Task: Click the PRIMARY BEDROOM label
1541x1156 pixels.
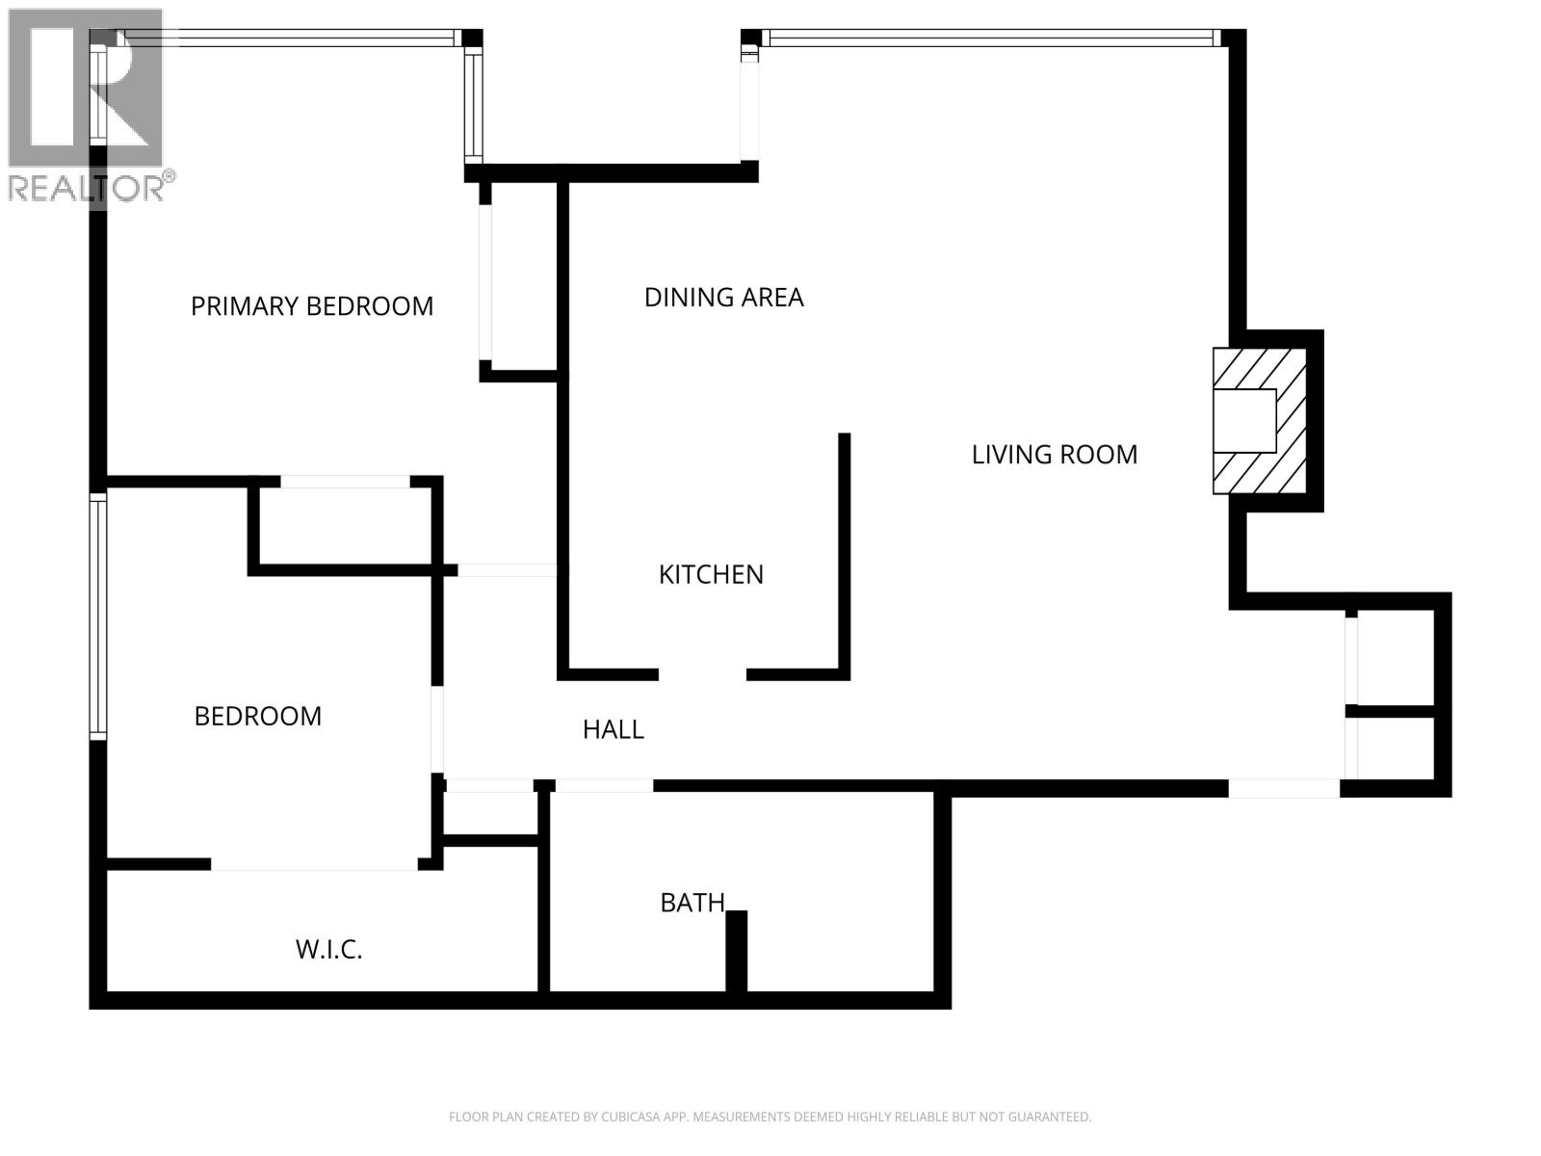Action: tap(311, 306)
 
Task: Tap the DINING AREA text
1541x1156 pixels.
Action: tap(723, 298)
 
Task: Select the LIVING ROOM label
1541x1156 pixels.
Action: tap(1054, 455)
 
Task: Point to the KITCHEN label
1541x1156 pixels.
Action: tap(711, 575)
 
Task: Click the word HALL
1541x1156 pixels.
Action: tap(613, 730)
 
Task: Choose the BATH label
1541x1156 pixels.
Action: tap(692, 903)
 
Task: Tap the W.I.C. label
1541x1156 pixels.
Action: tap(328, 950)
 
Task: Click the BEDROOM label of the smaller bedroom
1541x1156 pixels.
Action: tap(257, 717)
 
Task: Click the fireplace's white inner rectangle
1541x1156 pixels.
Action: tap(1243, 421)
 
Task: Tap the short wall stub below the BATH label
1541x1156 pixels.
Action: tap(736, 951)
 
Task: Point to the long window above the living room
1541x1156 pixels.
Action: tap(992, 39)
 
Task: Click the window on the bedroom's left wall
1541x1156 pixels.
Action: tap(98, 617)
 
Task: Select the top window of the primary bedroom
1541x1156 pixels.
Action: tap(289, 39)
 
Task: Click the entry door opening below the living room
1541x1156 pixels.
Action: tap(1283, 789)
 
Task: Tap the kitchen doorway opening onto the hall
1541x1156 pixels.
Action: tap(702, 674)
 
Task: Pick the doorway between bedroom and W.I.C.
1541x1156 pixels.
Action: tap(314, 864)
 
